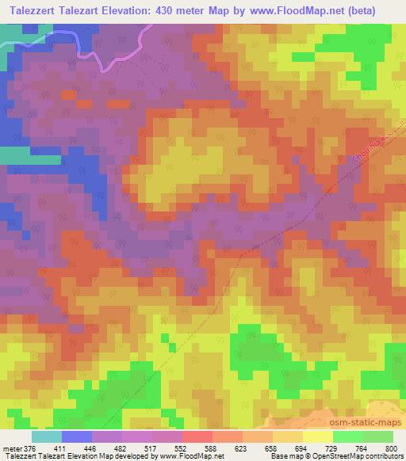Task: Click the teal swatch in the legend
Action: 46,436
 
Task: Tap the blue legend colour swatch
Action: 76,436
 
